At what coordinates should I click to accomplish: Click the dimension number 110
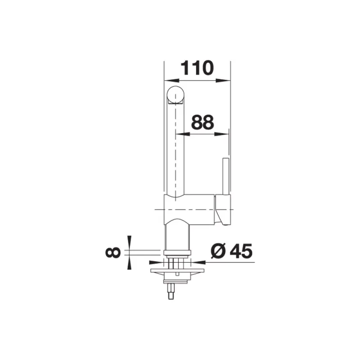point(197,68)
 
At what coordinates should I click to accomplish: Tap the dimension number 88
point(202,122)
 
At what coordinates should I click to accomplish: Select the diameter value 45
point(241,251)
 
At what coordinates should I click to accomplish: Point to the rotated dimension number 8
point(113,252)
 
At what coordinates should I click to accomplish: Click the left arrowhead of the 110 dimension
point(172,81)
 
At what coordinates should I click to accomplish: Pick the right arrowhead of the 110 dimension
point(223,81)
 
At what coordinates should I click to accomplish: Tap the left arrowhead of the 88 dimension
point(183,134)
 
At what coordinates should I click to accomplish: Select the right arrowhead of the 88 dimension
point(221,134)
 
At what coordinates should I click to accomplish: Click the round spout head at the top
point(175,95)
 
